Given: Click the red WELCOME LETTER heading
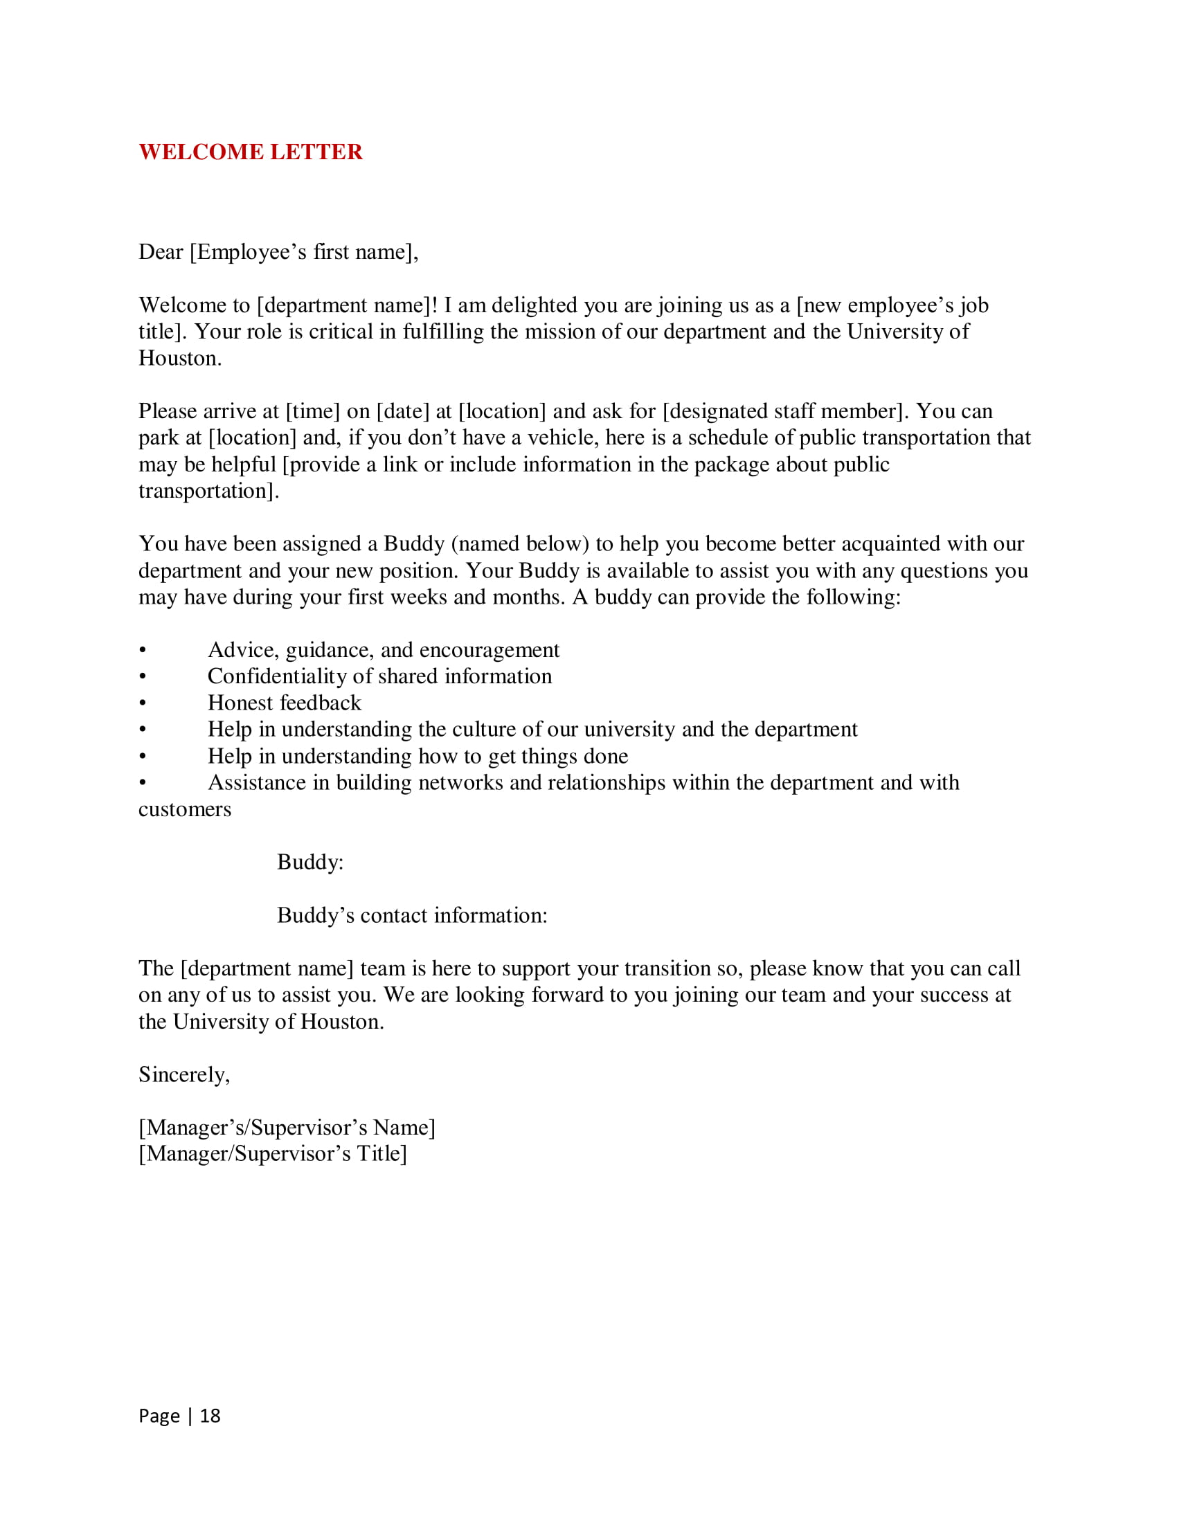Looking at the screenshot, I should [251, 152].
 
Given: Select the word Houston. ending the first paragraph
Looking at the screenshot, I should [180, 359].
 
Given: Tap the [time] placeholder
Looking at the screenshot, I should [312, 411].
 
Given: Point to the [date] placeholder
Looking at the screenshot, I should [403, 411].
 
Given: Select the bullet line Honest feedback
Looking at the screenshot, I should [285, 703].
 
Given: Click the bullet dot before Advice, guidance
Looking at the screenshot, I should [143, 651].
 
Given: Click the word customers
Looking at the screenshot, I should [185, 810].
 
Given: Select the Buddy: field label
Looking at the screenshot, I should [310, 863].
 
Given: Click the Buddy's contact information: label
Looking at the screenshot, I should [412, 916].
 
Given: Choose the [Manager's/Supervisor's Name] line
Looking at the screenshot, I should [287, 1128].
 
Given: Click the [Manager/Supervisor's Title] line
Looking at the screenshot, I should [273, 1154].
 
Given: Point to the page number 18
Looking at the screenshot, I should [210, 1416].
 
